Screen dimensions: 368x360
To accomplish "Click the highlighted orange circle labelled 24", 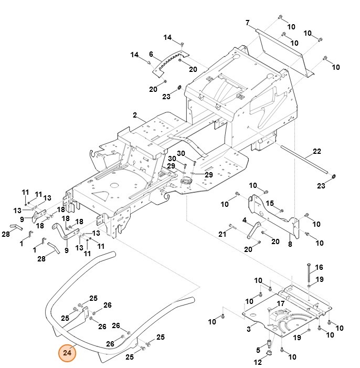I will coord(67,353).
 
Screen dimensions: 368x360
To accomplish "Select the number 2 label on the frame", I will coord(135,115).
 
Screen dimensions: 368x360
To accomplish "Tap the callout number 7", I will coord(247,23).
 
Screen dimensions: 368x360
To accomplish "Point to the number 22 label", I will coord(316,152).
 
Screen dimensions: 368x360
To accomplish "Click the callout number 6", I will coord(151,54).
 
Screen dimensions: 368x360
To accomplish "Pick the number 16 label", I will coord(319,267).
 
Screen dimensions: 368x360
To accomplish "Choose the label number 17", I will coord(281,303).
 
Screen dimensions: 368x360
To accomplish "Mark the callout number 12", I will coord(258,363).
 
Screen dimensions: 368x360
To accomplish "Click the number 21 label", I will coord(221,233).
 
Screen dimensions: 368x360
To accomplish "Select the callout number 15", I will coord(270,203).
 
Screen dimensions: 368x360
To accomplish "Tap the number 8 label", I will coord(290,244).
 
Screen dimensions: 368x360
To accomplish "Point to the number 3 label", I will coord(248,329).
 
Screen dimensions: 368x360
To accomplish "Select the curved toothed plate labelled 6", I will coord(171,61).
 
